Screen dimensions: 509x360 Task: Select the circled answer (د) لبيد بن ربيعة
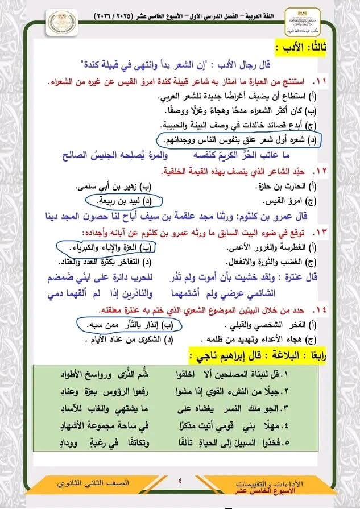(124, 201)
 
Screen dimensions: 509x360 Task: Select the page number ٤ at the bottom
(180, 482)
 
